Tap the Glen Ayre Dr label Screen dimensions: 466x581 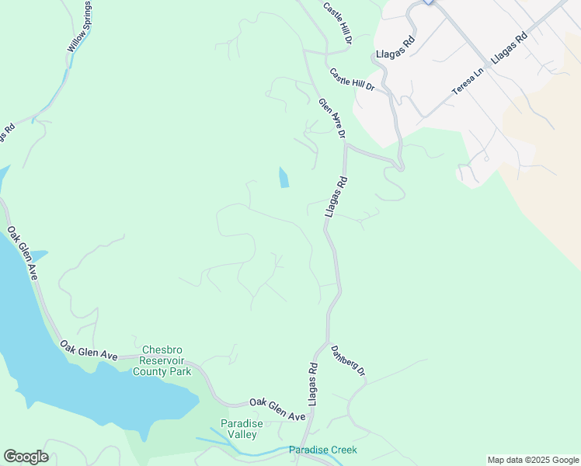click(332, 119)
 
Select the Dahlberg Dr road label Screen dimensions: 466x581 click(348, 362)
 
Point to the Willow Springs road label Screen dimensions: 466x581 click(79, 26)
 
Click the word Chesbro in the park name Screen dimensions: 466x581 click(163, 350)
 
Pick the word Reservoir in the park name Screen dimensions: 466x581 click(166, 361)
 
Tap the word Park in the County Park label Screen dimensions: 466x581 click(181, 372)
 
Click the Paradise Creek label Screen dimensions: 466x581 click(322, 450)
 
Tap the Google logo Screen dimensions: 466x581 click(26, 457)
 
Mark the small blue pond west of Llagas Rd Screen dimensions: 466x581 click(284, 178)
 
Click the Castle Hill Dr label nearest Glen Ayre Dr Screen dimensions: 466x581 click(352, 80)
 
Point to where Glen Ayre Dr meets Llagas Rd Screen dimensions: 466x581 click(344, 144)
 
